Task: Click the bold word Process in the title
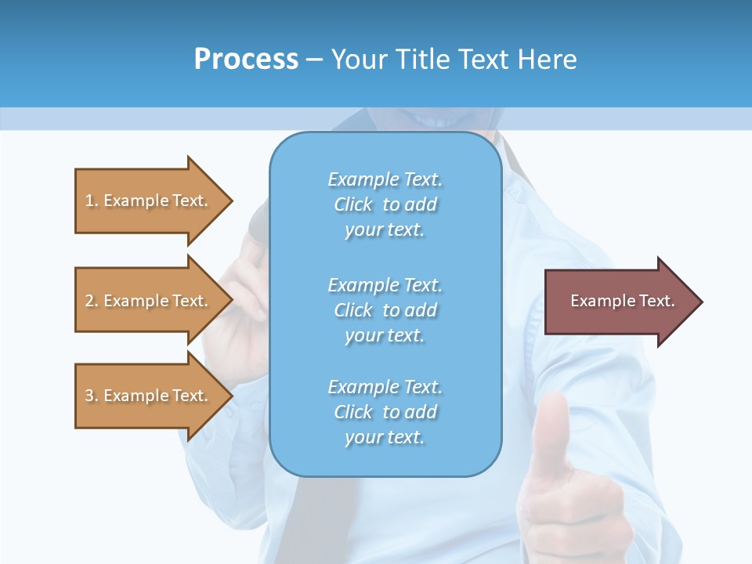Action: coord(246,60)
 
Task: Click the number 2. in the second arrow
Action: coord(91,301)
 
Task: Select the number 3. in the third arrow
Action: coord(91,396)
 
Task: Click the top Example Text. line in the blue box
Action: coord(385,180)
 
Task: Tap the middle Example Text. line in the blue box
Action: coord(385,285)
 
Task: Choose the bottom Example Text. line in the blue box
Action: coord(385,387)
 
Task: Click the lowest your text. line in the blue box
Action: coord(385,437)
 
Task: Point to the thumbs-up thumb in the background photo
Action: coord(555,423)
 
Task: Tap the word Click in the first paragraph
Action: coord(352,205)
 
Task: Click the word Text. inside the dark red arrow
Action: coord(657,301)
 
